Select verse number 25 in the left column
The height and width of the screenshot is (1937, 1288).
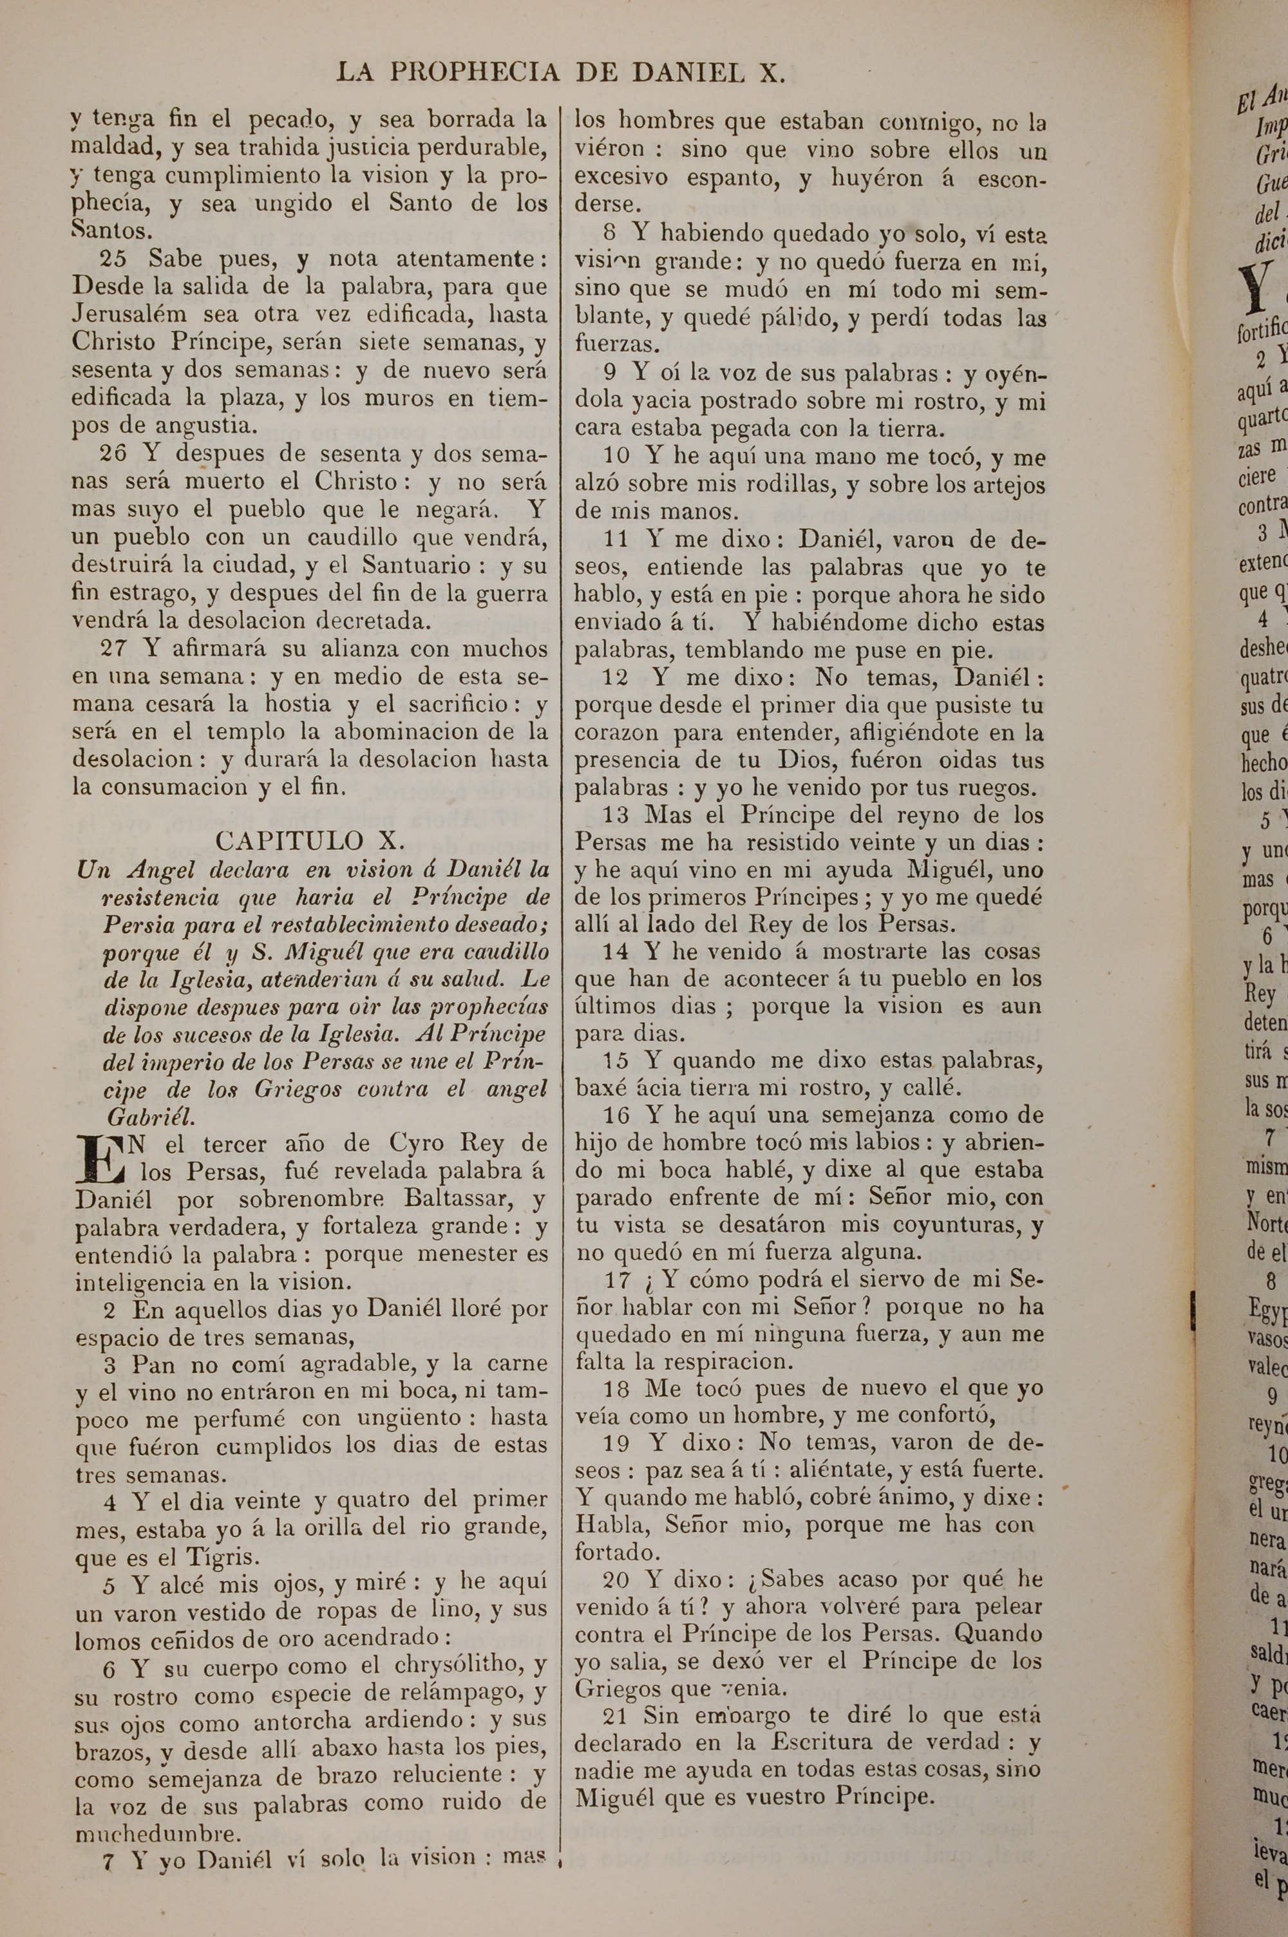(113, 259)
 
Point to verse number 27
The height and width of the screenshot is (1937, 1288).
(114, 648)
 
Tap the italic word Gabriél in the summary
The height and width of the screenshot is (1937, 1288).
(149, 1117)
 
